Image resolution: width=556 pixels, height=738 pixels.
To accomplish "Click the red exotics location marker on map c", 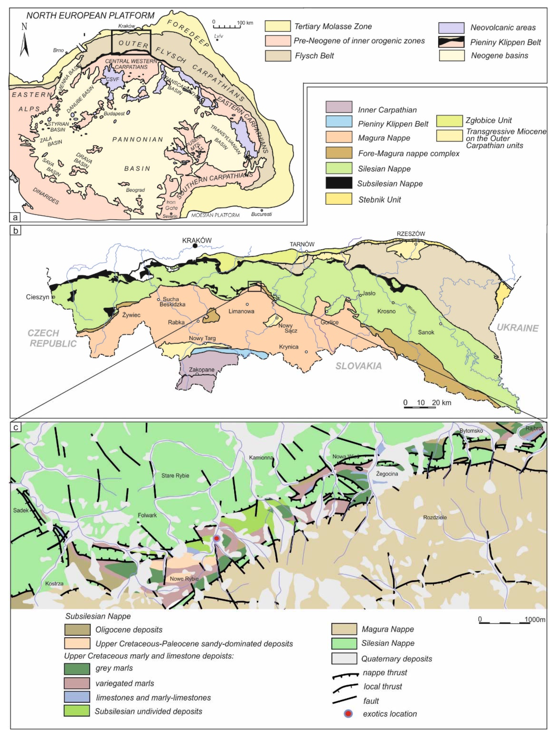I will click(x=217, y=538).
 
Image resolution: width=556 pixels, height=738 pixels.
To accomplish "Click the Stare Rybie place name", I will click(x=175, y=476).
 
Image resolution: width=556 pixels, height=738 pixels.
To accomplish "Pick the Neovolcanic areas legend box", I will click(x=451, y=28).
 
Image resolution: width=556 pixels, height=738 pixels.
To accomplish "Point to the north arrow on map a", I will click(x=24, y=42).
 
